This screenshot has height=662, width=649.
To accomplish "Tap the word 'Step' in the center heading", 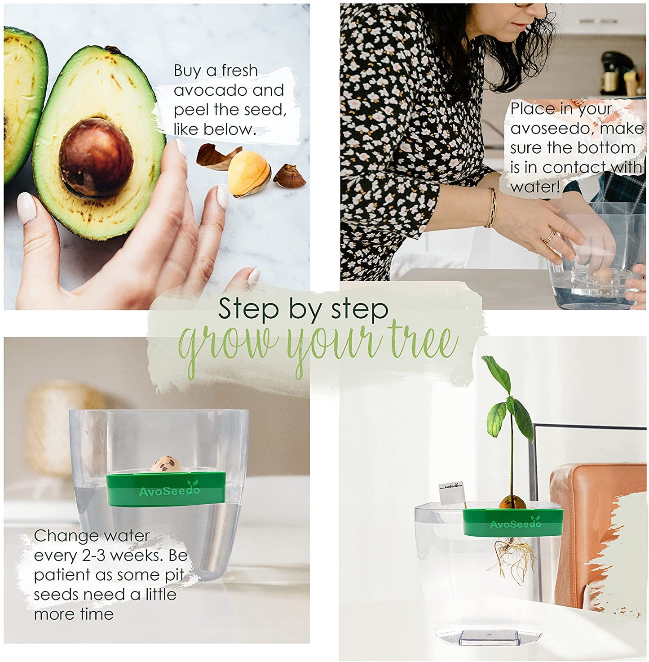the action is coord(248,308).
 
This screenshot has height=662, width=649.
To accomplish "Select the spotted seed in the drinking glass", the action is coord(167,466).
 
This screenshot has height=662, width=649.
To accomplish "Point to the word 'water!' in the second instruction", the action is coord(535,187).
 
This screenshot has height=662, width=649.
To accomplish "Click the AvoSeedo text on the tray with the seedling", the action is coord(516,524).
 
